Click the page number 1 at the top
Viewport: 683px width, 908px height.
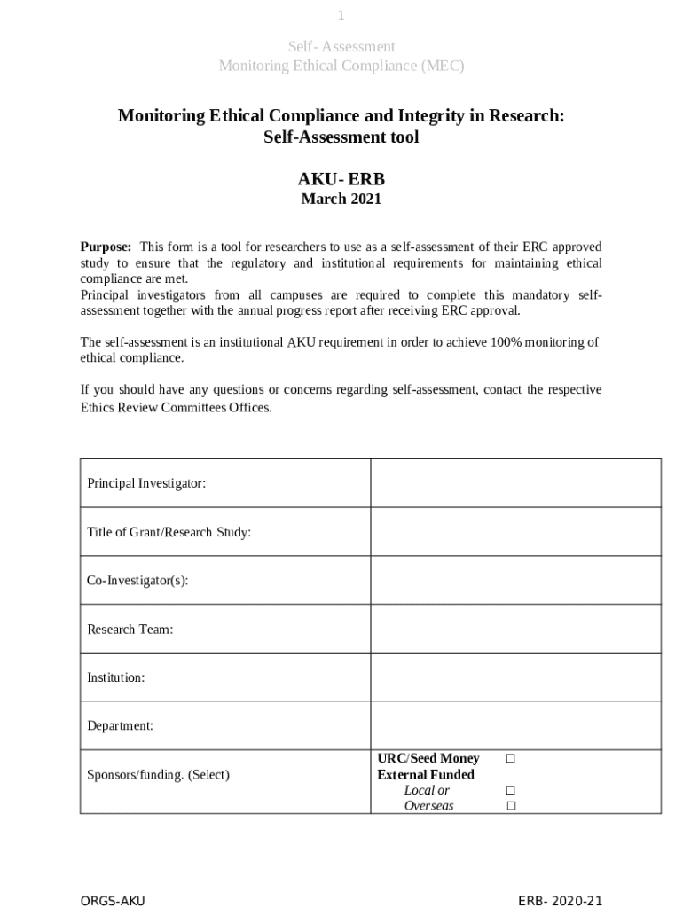pyautogui.click(x=341, y=16)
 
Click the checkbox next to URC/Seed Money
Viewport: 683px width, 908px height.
pyautogui.click(x=510, y=758)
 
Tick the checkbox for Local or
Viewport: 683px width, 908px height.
pyautogui.click(x=510, y=790)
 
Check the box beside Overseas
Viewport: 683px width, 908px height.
pyautogui.click(x=510, y=806)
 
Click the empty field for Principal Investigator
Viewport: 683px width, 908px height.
pyautogui.click(x=515, y=483)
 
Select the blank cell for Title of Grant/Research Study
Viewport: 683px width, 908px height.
pyautogui.click(x=515, y=532)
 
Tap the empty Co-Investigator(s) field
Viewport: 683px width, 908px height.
pyautogui.click(x=515, y=580)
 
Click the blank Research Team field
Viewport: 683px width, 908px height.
pyautogui.click(x=515, y=629)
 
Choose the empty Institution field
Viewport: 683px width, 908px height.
pyautogui.click(x=515, y=677)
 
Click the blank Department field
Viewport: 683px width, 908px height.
pyautogui.click(x=515, y=725)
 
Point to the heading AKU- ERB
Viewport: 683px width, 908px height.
pyautogui.click(x=341, y=179)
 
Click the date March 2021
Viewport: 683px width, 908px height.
pyautogui.click(x=341, y=199)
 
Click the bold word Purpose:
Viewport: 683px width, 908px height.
pyautogui.click(x=106, y=247)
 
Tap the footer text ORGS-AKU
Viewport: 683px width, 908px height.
pyautogui.click(x=113, y=901)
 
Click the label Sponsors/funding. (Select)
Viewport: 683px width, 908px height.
pyautogui.click(x=158, y=774)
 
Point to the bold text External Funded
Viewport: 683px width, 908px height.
pyautogui.click(x=426, y=774)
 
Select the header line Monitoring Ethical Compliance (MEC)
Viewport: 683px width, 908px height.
pyautogui.click(x=341, y=66)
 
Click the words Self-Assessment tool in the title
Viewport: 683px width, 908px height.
pyautogui.click(x=341, y=138)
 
